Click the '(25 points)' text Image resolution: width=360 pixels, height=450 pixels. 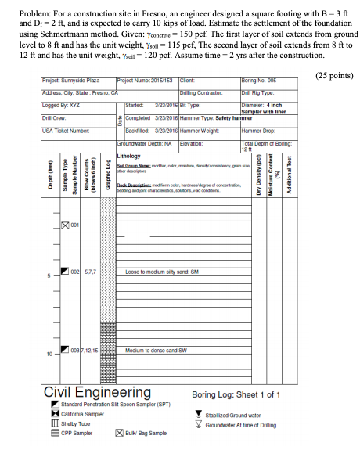point(333,76)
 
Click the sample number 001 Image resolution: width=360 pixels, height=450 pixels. point(74,225)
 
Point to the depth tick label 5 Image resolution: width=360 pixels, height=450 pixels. point(49,275)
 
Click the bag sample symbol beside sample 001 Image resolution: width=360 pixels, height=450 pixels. point(65,225)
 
